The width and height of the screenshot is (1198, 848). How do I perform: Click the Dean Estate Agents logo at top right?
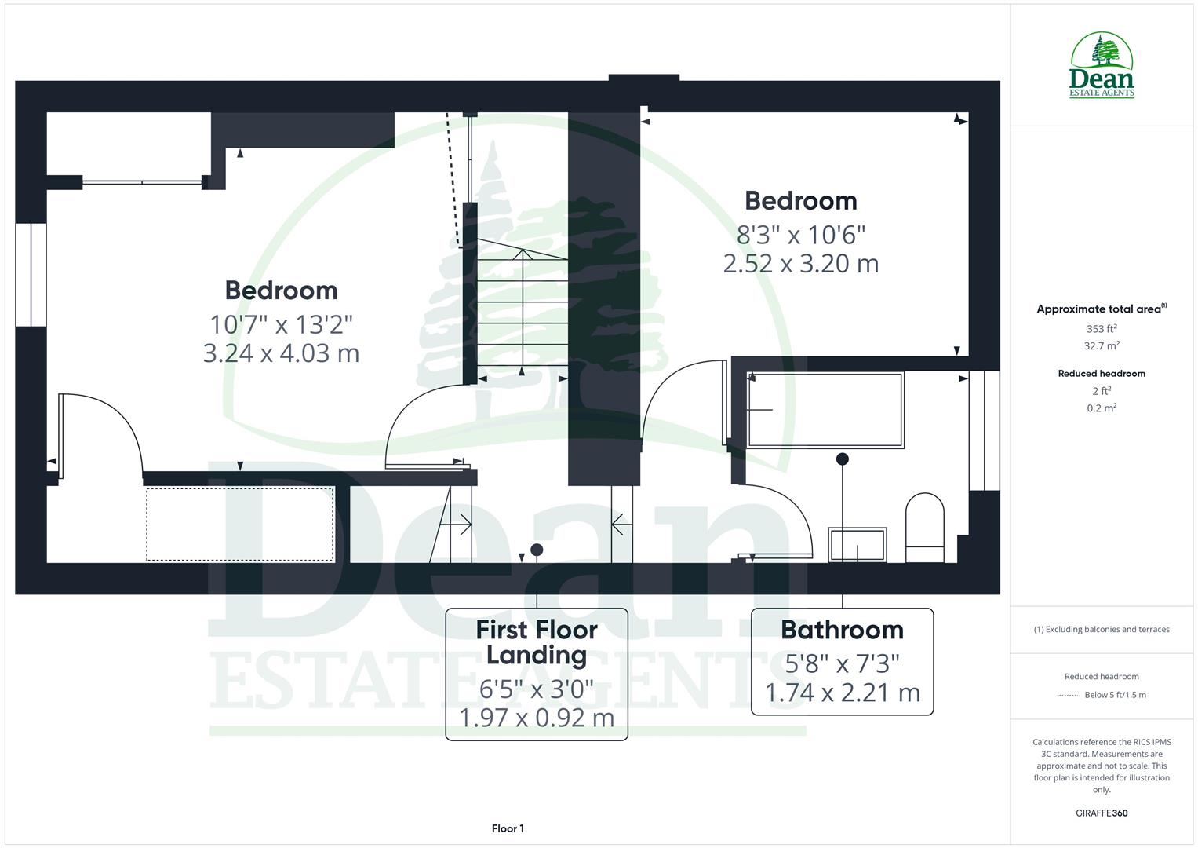1102,66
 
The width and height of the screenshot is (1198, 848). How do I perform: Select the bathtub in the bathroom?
825,409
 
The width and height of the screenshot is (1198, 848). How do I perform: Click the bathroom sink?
858,544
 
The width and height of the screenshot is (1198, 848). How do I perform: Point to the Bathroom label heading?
842,630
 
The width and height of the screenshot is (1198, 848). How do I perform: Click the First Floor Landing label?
537,641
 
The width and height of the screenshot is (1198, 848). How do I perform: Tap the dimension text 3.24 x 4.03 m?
281,353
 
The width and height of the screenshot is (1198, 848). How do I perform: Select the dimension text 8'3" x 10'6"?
800,234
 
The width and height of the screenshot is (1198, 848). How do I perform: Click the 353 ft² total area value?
1102,329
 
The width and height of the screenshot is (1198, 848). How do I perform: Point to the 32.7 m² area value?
1102,346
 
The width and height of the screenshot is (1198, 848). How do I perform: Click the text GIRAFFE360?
1102,813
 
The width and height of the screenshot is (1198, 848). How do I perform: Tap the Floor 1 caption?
508,828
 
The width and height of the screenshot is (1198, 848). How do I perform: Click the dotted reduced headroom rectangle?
240,525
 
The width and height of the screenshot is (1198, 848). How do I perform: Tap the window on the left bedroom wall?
31,275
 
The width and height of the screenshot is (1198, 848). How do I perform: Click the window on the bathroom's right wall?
984,430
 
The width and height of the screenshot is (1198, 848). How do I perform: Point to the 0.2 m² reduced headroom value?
1102,408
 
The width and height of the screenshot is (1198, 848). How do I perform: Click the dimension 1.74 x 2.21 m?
842,693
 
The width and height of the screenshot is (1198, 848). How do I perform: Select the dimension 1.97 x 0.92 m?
537,718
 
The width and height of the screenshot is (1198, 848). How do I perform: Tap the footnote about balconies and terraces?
1102,629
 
